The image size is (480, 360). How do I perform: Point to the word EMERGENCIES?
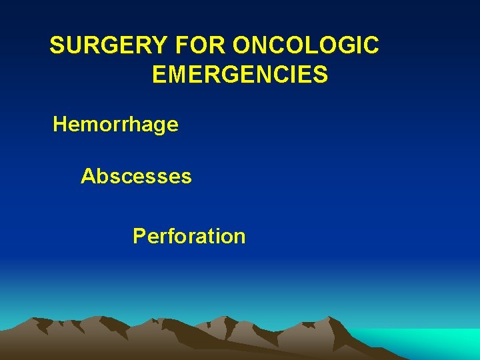(240, 75)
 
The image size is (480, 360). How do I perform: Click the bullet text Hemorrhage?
(115, 125)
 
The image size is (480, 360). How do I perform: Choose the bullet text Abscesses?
(136, 177)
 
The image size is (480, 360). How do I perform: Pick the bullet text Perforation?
(189, 236)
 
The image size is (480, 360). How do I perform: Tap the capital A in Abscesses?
(88, 177)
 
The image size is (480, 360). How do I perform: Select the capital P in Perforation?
(139, 236)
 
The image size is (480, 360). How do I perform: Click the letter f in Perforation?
(168, 236)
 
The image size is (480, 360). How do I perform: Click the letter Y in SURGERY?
(161, 46)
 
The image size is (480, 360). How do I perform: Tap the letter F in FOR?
(183, 46)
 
